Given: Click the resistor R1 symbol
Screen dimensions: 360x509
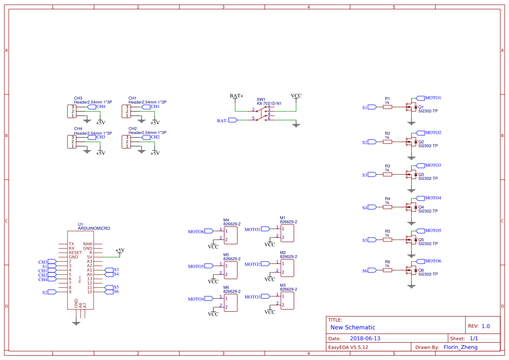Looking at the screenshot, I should pyautogui.click(x=387, y=107).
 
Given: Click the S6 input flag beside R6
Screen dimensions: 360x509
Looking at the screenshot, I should pyautogui.click(x=371, y=270).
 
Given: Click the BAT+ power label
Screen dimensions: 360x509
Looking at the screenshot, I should pyautogui.click(x=236, y=96).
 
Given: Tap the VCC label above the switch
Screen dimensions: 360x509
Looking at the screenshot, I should pyautogui.click(x=296, y=96).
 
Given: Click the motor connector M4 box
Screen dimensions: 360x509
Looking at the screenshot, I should pyautogui.click(x=230, y=235).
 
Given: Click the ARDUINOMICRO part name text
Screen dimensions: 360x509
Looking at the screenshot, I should pyautogui.click(x=94, y=228).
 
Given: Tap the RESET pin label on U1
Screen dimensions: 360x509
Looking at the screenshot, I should pyautogui.click(x=75, y=252).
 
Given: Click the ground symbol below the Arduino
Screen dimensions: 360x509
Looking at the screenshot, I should pyautogui.click(x=76, y=322).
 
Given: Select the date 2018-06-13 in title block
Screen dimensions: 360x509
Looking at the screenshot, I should pyautogui.click(x=365, y=338).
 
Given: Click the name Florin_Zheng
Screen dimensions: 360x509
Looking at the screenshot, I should pyautogui.click(x=460, y=347).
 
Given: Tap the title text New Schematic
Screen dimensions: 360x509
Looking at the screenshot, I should pyautogui.click(x=353, y=327).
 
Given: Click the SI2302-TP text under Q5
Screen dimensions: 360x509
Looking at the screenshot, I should pyautogui.click(x=428, y=244).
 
